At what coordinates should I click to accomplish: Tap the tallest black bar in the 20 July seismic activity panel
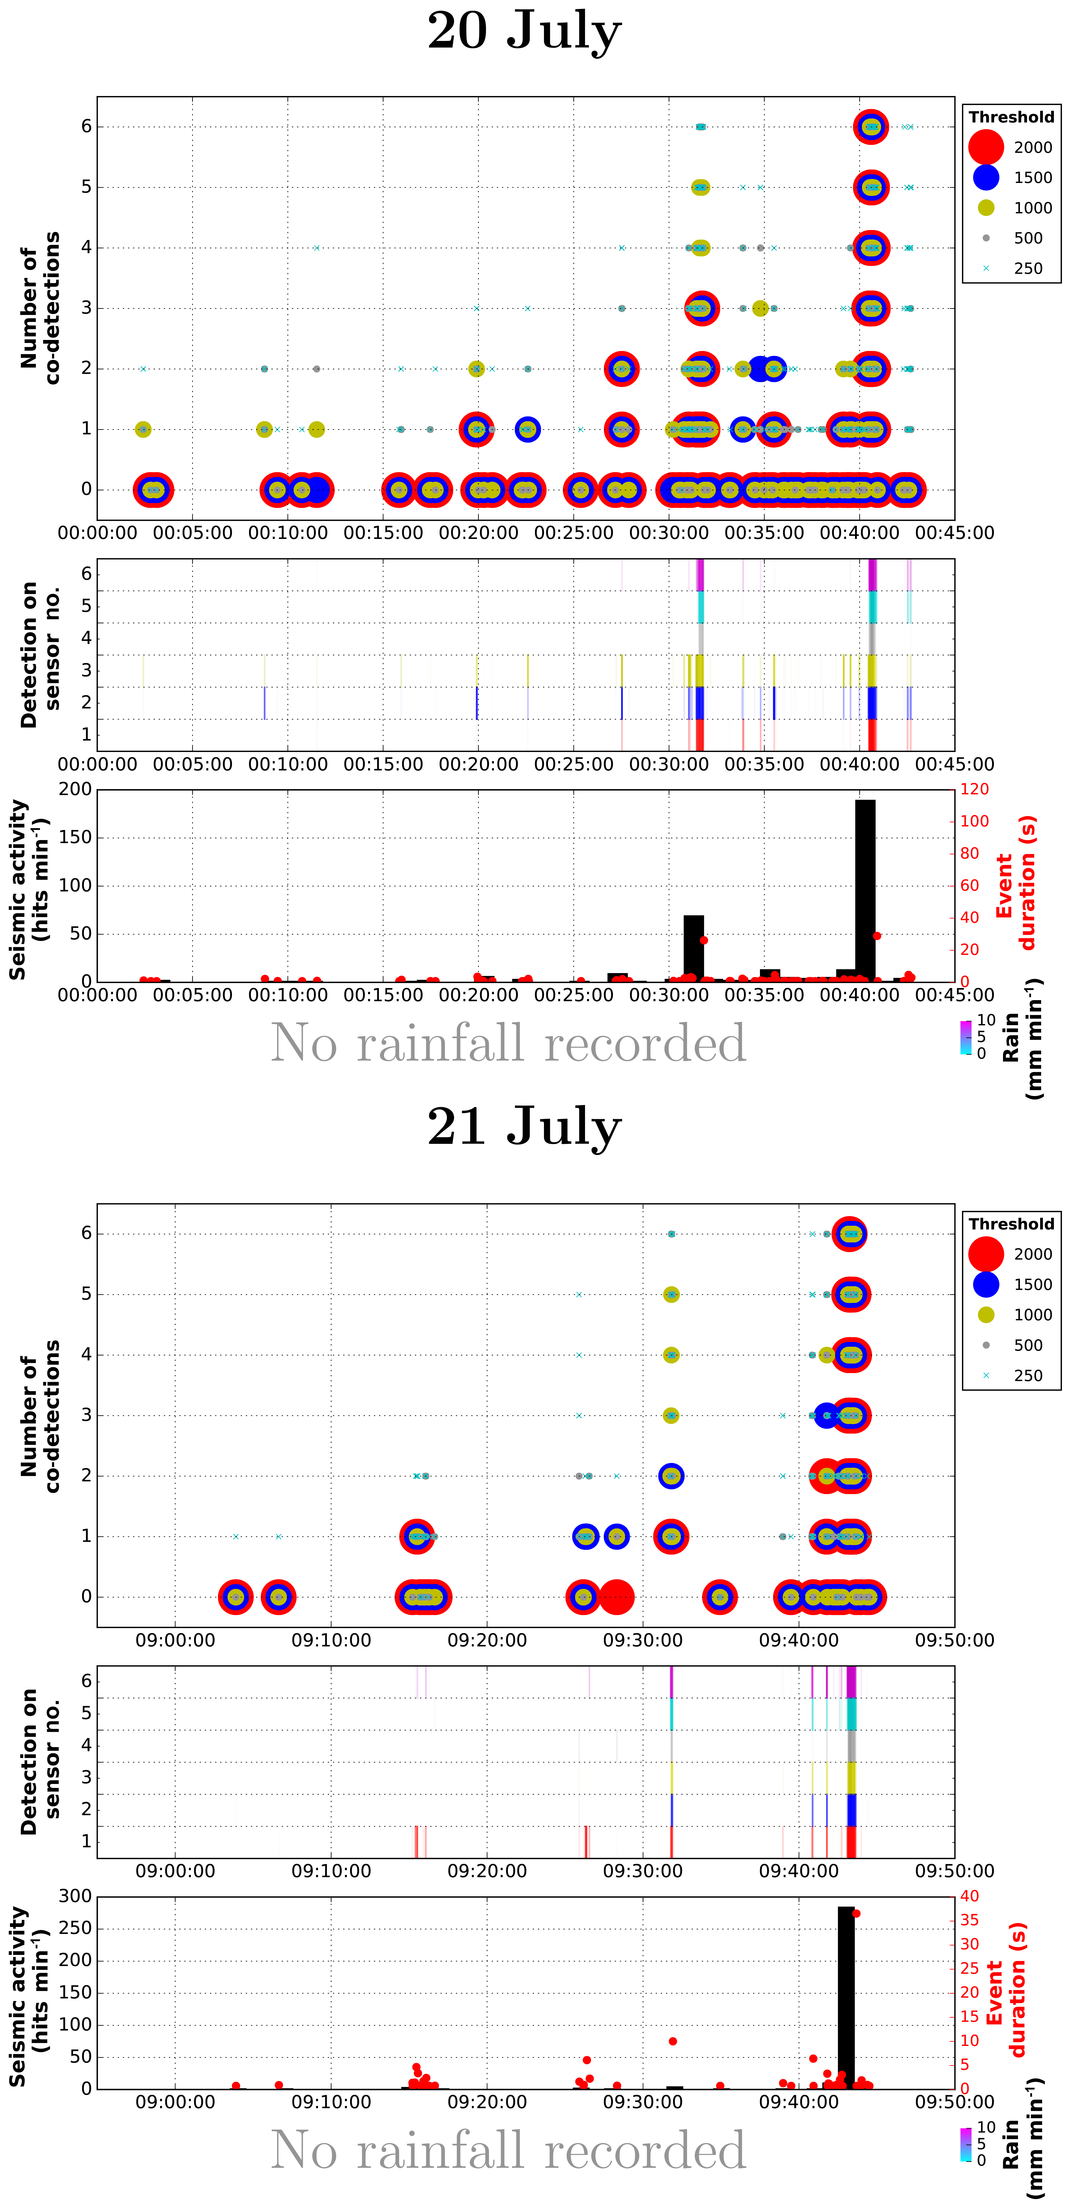[865, 891]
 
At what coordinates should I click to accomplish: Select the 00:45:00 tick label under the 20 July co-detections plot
[954, 533]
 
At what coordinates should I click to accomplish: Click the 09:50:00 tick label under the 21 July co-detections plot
[954, 1641]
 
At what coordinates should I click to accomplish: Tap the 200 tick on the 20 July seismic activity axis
[75, 789]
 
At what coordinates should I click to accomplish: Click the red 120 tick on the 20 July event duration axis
[974, 789]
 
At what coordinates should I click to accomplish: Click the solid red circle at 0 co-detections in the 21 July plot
[616, 1597]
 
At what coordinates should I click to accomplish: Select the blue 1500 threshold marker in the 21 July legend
[986, 1284]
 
